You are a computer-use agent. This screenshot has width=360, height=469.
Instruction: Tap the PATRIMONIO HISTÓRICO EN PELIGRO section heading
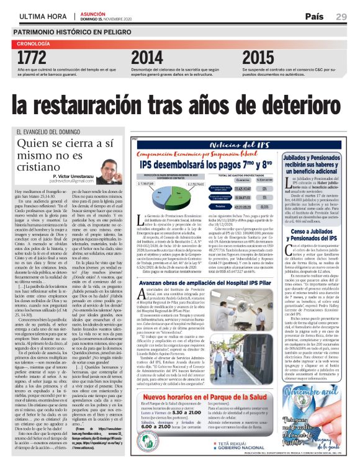point(76,30)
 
